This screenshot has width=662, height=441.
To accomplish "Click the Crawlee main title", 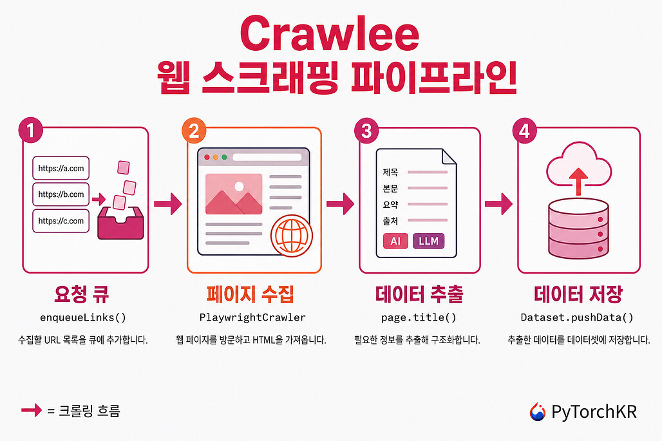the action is pos(330,33).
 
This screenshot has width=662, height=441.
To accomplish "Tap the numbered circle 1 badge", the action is pos(31,130).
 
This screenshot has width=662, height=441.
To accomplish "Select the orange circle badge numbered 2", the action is pos(194,131).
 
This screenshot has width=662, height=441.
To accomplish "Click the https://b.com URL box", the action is pos(61,194).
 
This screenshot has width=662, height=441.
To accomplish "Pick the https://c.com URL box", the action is pos(61,221).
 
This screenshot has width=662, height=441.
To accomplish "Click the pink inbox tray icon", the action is pos(121,223).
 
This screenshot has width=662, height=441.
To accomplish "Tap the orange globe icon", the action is pos(292,236).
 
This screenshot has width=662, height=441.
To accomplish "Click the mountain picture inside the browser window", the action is pos(234,194).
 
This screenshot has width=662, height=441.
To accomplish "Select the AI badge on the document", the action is pos(395,241).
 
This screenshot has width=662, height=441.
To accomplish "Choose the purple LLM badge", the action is pos(428,241).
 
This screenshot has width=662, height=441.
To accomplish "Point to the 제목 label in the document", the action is pos(390,172).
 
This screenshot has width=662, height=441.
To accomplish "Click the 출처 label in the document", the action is pos(390,221).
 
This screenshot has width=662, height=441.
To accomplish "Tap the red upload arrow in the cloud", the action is pos(578,182).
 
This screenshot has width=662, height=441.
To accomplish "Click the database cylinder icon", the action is pos(578,229).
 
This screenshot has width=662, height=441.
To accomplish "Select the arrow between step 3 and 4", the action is pos(498,204).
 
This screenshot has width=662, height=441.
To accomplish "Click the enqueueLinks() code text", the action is pos(83,317).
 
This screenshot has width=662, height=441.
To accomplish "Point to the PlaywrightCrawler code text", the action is pos(252,317).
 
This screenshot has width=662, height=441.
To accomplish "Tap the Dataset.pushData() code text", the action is pos(577,317).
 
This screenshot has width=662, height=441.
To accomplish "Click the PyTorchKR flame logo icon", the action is pos(538,411).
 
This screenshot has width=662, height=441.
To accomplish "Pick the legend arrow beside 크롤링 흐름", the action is pos(32,409).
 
